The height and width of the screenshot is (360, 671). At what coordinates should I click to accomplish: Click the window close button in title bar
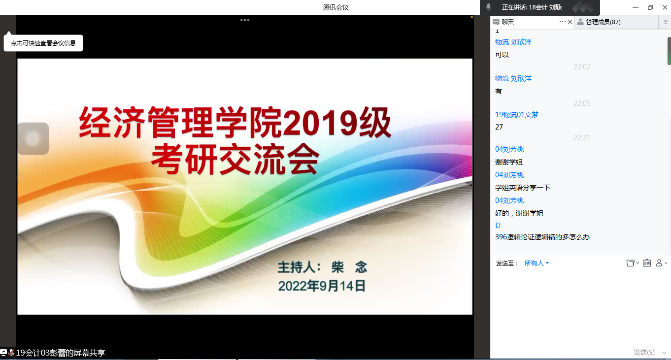(665, 7)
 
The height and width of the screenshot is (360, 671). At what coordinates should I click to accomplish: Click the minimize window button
(636, 7)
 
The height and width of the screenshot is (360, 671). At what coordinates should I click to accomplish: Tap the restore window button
(650, 7)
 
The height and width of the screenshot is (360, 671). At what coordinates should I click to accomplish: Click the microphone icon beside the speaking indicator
(489, 7)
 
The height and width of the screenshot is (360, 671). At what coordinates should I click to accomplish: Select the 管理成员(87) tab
(603, 22)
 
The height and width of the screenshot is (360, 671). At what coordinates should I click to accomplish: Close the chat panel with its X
(570, 22)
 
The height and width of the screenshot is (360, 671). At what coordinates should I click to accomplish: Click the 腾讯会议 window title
(336, 7)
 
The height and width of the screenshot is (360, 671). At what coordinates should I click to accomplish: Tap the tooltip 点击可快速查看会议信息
(43, 43)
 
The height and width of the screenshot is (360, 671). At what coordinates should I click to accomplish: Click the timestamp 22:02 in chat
(582, 67)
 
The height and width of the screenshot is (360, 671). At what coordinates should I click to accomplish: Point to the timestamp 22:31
(582, 138)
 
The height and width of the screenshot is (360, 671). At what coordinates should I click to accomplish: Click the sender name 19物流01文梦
(517, 115)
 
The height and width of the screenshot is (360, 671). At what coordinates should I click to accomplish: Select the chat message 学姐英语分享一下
(523, 188)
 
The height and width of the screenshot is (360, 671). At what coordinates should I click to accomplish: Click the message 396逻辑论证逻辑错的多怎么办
(542, 237)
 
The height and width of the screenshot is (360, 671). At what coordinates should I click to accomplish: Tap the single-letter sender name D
(498, 226)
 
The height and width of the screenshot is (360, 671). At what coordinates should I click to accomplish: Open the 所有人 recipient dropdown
(537, 263)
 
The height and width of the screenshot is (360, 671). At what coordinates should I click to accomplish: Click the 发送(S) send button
(644, 352)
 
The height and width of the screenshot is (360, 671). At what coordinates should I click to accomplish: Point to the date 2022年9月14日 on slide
(322, 286)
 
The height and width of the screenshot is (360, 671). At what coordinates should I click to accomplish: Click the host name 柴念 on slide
(349, 267)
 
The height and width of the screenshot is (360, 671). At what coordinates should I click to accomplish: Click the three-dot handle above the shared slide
(245, 20)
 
